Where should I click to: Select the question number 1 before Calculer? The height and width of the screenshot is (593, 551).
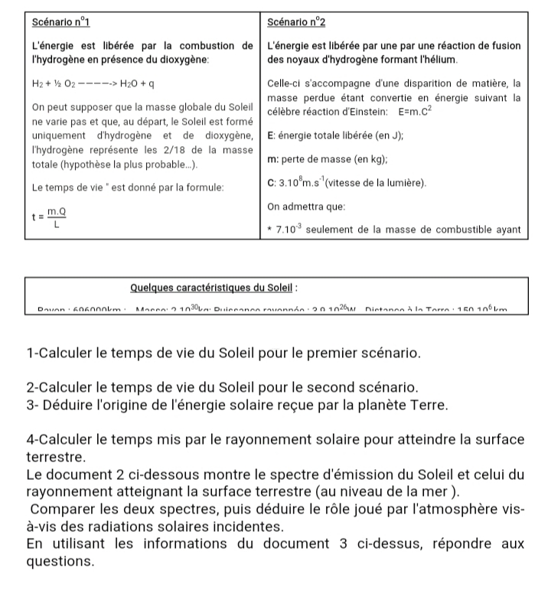30,355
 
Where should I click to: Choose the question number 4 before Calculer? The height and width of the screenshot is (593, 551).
30,440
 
